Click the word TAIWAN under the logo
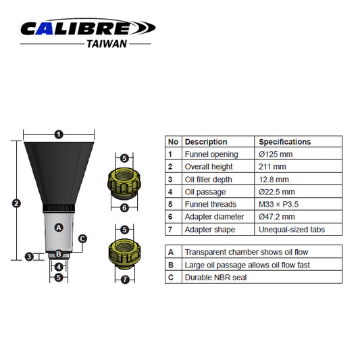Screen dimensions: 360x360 105,43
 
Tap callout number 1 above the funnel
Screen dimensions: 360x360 59,134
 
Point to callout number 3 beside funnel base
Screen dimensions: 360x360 30,256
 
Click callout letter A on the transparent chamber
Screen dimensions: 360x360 59,227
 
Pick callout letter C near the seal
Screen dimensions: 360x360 82,238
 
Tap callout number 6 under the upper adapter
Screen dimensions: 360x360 125,207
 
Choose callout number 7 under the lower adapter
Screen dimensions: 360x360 125,278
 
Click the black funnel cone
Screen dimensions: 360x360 59,169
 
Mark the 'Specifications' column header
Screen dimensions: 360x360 285,142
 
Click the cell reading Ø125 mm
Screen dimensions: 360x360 276,154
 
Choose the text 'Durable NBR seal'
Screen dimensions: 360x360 217,277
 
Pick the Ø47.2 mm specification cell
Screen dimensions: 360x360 278,217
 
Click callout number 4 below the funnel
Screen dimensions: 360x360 59,267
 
